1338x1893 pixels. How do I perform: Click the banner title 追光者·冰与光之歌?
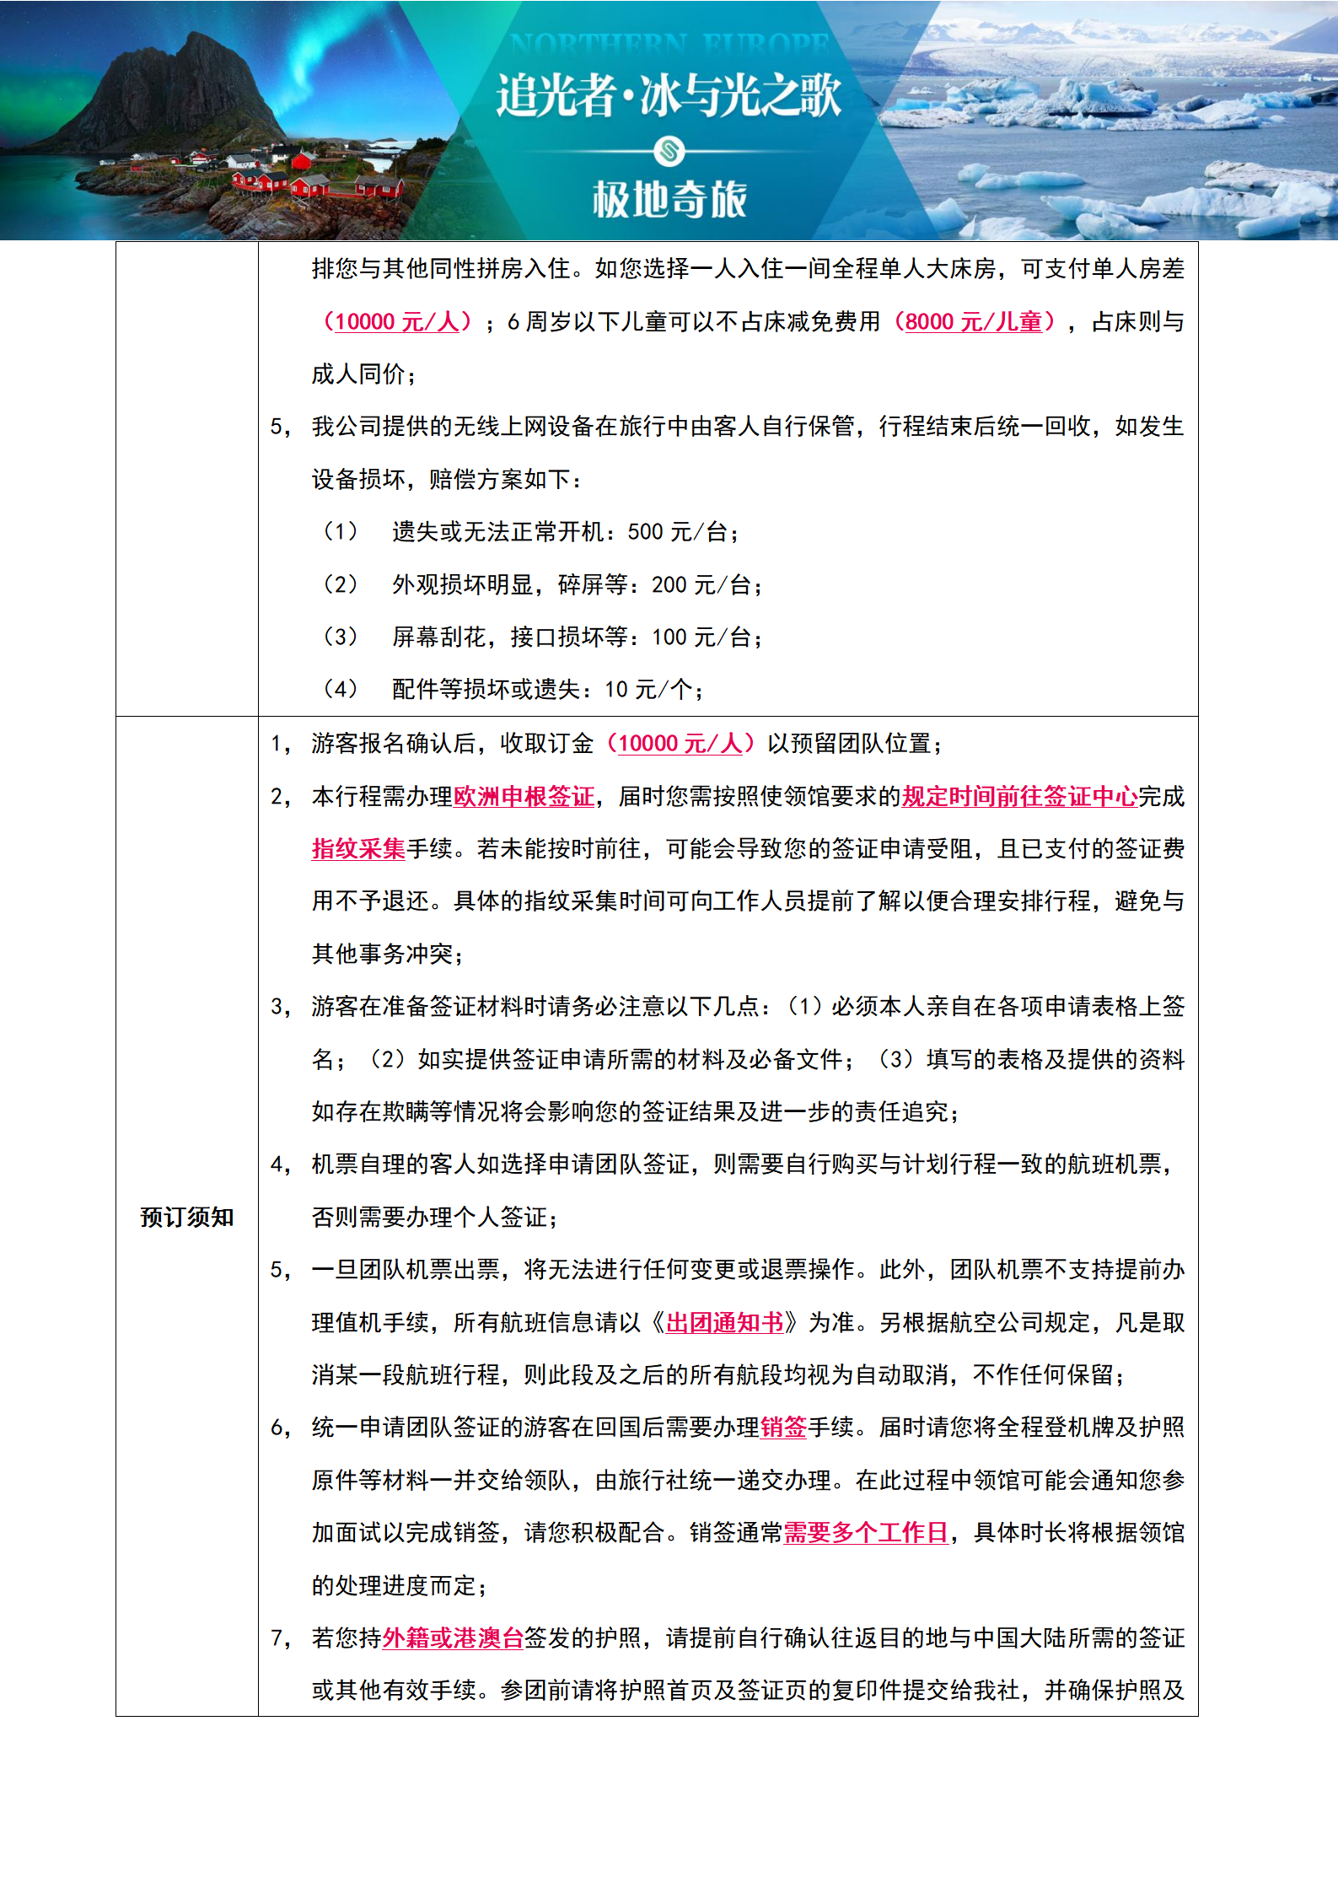pyautogui.click(x=669, y=94)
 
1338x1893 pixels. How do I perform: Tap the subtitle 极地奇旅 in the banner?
pyautogui.click(x=669, y=200)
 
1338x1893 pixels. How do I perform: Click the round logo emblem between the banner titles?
pyautogui.click(x=669, y=152)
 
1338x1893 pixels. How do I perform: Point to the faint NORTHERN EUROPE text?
pyautogui.click(x=669, y=43)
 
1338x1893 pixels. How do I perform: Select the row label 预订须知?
pyautogui.click(x=186, y=1217)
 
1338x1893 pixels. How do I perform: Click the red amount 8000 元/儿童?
pyautogui.click(x=974, y=321)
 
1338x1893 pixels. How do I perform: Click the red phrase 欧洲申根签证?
pyautogui.click(x=524, y=796)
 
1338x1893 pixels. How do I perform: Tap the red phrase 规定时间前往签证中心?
pyautogui.click(x=1019, y=796)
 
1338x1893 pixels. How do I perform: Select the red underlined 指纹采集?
pyautogui.click(x=358, y=848)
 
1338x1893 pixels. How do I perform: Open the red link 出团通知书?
pyautogui.click(x=724, y=1322)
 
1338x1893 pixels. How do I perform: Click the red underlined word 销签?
pyautogui.click(x=783, y=1428)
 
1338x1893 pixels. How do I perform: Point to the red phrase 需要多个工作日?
pyautogui.click(x=866, y=1533)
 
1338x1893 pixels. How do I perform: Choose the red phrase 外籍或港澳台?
pyautogui.click(x=453, y=1638)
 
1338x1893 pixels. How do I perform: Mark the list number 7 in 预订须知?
pyautogui.click(x=277, y=1638)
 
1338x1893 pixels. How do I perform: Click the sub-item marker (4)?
pyautogui.click(x=340, y=690)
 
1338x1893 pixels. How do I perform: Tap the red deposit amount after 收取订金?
pyautogui.click(x=680, y=743)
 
